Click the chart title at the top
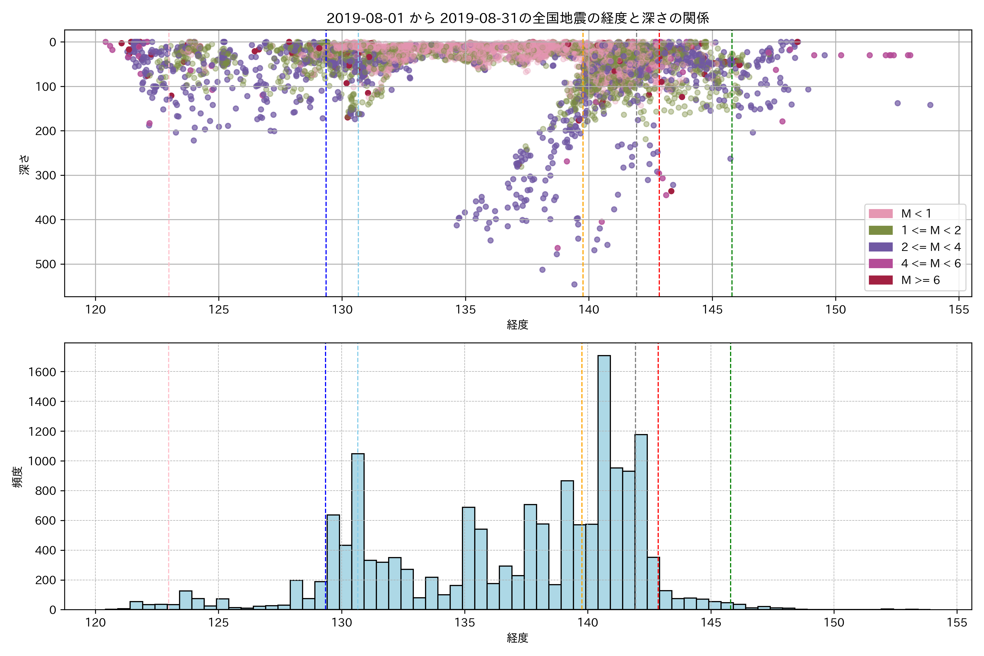click(517, 18)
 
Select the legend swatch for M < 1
click(881, 214)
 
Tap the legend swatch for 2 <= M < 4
click(881, 247)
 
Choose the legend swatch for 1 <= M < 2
click(881, 230)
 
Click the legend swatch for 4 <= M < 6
click(881, 263)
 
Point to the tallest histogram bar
click(604, 481)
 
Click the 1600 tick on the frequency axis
click(42, 372)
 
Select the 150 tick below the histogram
click(834, 623)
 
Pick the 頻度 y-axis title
click(17, 477)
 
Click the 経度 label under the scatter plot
click(517, 325)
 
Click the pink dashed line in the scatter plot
click(169, 167)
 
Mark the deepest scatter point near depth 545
click(575, 285)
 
